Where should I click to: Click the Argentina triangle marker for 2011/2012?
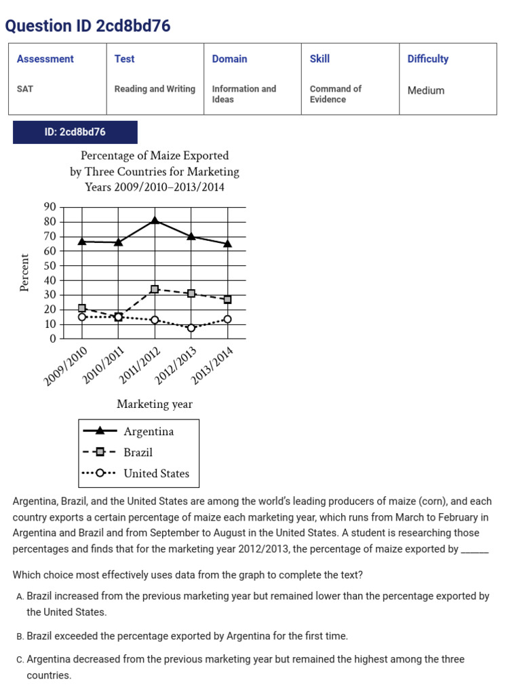[x=155, y=220]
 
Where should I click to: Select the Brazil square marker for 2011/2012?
[x=155, y=289]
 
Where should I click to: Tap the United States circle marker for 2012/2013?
[x=191, y=328]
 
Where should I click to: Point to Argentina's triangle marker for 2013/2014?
[x=227, y=243]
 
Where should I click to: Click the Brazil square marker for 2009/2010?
[x=82, y=308]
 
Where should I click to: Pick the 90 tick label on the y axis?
[x=50, y=207]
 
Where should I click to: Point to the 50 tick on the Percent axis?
[x=50, y=266]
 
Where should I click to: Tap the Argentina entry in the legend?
[x=149, y=432]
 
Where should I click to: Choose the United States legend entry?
[x=156, y=474]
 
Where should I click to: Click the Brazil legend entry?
[x=138, y=453]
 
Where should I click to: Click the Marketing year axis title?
[x=155, y=405]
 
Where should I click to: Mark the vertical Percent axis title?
[x=25, y=273]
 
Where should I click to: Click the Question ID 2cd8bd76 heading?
[x=88, y=26]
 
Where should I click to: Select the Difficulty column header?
[x=427, y=59]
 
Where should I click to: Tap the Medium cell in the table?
[x=426, y=90]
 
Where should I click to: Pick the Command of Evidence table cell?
[x=335, y=94]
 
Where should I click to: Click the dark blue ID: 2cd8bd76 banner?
[x=75, y=132]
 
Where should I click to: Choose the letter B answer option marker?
[x=20, y=637]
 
